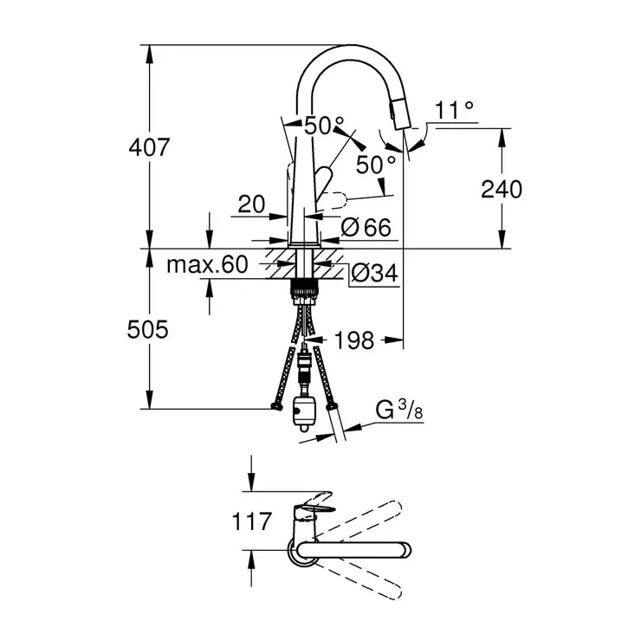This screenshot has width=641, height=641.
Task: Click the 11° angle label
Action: click(x=455, y=110)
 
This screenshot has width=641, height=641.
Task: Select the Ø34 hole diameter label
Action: click(x=373, y=275)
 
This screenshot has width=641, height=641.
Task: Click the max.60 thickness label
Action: click(x=207, y=263)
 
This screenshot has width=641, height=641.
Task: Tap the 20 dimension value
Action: click(x=250, y=204)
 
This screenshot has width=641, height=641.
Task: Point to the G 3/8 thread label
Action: click(x=399, y=411)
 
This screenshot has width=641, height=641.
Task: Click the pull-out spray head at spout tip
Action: click(x=401, y=113)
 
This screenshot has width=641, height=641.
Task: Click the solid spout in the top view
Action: click(x=355, y=548)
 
